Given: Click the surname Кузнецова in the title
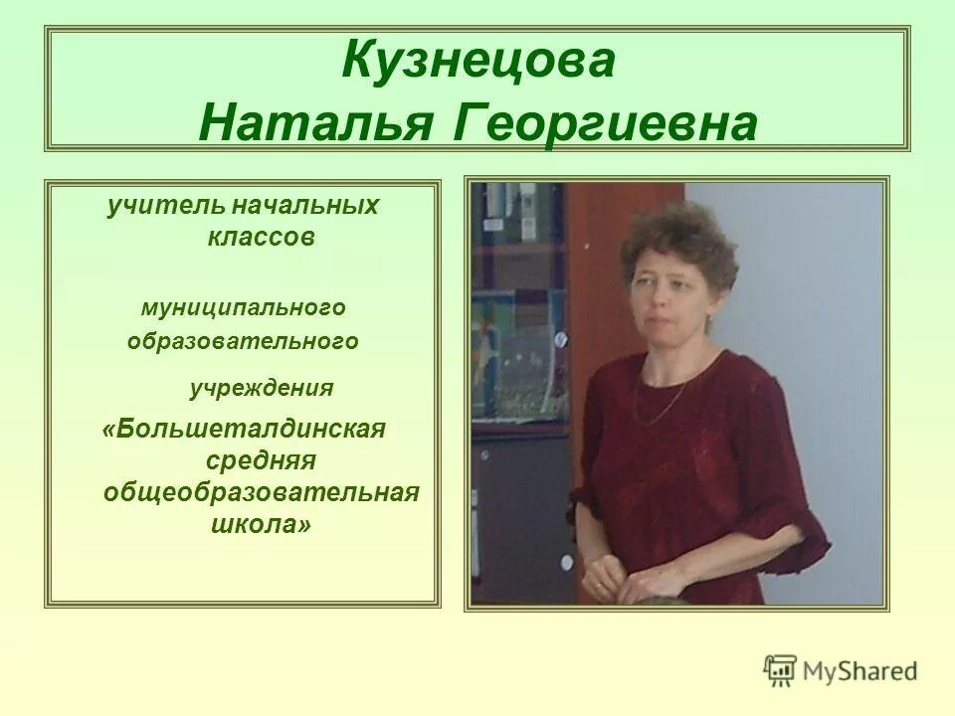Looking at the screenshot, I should pos(478,62).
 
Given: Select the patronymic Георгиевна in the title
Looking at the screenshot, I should pos(605,123).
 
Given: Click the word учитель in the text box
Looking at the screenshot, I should pos(167,207).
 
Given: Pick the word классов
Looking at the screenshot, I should pos(262,239).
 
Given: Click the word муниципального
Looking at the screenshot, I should pos(243,307).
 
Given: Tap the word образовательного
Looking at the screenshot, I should pos(243,341).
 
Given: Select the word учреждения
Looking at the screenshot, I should pos(262,388).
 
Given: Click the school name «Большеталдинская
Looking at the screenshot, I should pos(244,430).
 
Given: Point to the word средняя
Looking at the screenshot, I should pos(261,460).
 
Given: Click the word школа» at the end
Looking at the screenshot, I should pos(261,524).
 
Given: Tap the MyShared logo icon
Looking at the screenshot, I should pos(780,669).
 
